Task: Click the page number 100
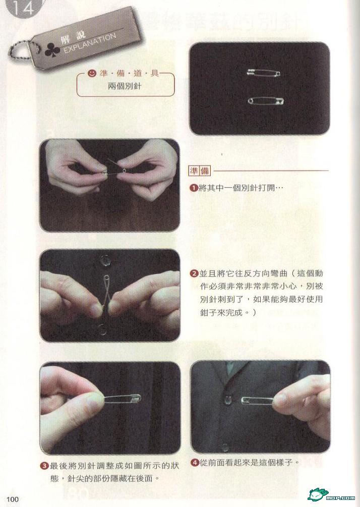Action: coord(13,499)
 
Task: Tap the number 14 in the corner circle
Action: coord(23,8)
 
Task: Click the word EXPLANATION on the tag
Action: coord(90,43)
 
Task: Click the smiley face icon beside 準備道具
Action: coord(92,73)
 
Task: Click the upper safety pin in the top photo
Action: coord(263,73)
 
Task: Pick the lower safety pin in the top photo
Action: coord(266,101)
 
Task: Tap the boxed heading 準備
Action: coord(199,171)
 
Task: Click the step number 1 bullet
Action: coord(193,188)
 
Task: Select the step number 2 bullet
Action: coord(194,273)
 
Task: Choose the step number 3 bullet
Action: coord(44,466)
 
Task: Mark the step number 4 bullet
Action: coord(195,463)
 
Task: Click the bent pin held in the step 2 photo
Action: coord(106,292)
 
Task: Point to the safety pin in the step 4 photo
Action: coord(258,400)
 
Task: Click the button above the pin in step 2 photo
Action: coord(105,260)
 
